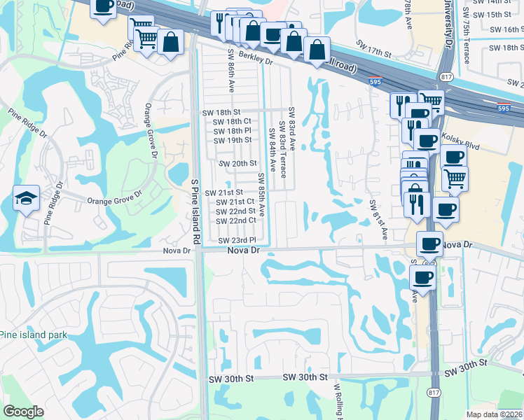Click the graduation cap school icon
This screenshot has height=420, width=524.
click(26, 199)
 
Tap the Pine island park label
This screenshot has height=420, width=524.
click(34, 335)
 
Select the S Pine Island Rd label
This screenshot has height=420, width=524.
click(196, 210)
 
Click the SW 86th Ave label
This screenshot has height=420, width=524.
click(231, 70)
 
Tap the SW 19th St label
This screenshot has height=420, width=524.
click(233, 140)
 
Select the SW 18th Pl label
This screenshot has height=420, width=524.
click(232, 131)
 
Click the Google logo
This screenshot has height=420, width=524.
click(23, 412)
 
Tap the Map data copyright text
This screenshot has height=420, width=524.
click(495, 414)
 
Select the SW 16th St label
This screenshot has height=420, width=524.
click(506, 29)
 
